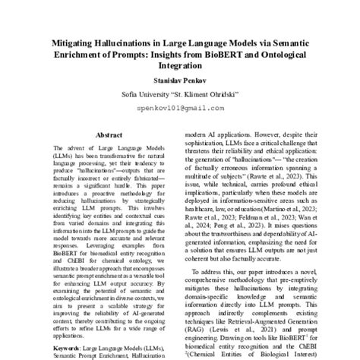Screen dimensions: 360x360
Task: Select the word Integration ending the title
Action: pos(180,67)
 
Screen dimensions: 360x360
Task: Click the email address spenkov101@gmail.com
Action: pos(180,108)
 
